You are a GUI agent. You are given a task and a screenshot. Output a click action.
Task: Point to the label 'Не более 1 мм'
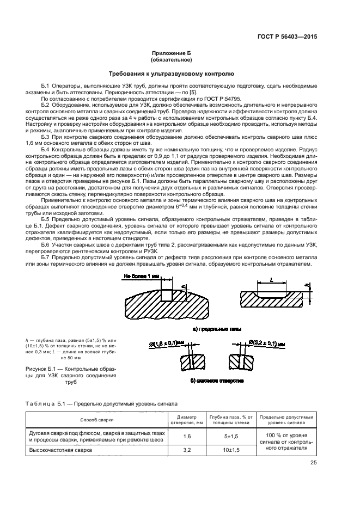coord(141,277)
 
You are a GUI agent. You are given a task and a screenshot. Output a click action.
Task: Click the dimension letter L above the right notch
coord(271,280)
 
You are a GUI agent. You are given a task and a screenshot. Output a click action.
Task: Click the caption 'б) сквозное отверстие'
coord(217,379)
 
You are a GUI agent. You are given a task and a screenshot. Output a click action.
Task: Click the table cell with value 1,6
coord(187,436)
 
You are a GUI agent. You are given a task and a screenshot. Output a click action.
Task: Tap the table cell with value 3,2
coord(187,450)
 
